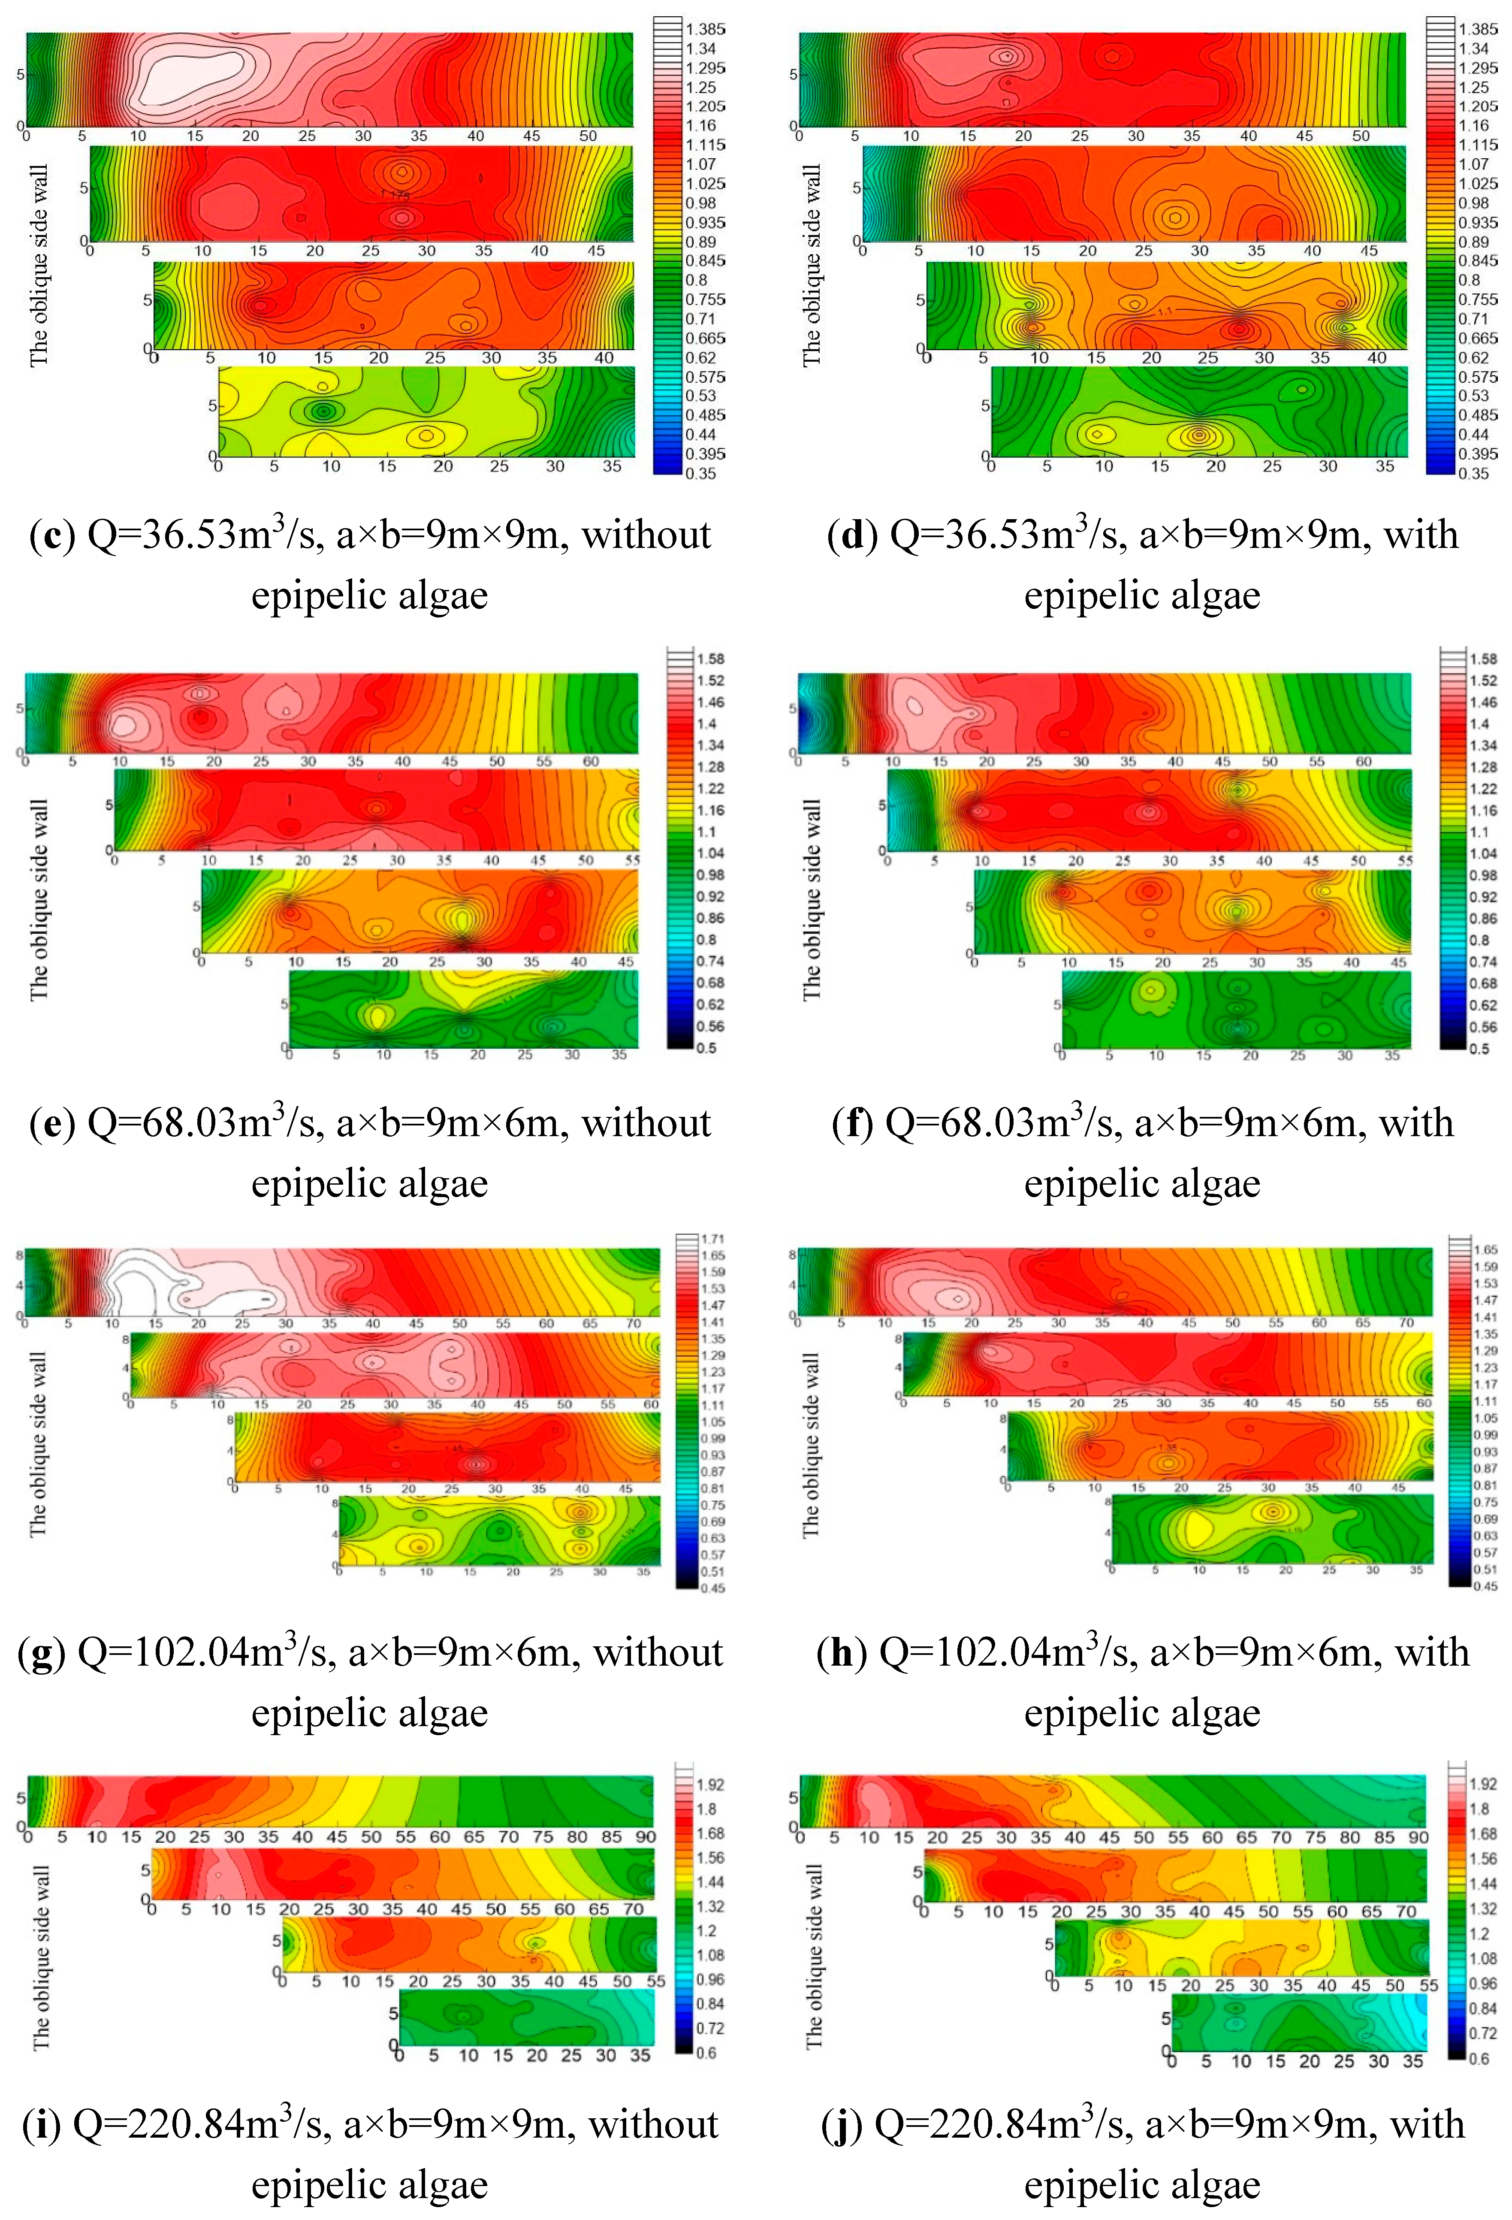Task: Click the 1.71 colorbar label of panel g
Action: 712,1239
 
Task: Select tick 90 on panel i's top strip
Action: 646,1837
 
